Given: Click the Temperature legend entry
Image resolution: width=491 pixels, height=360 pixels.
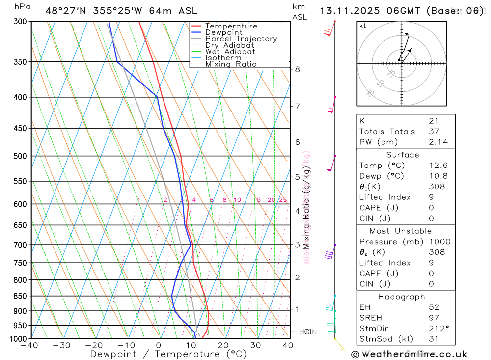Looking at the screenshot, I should [x=231, y=26].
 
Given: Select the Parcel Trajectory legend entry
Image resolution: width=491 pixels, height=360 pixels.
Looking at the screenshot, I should [x=241, y=39].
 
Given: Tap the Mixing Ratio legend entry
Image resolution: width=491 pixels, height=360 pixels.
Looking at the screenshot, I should [x=231, y=64].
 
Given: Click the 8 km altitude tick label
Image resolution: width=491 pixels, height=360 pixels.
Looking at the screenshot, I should [x=298, y=69].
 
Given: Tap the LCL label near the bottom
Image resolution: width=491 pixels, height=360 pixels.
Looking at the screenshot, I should [x=307, y=332].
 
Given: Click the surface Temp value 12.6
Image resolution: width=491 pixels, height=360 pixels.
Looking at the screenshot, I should [x=437, y=166].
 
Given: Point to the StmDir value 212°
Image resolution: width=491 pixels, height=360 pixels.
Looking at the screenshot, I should [x=437, y=329].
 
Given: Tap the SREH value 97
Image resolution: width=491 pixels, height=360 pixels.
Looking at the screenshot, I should [x=434, y=318].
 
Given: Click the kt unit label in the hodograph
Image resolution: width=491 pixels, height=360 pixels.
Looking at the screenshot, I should [x=363, y=26].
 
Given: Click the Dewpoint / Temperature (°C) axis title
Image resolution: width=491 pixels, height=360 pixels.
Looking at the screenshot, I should [x=168, y=354].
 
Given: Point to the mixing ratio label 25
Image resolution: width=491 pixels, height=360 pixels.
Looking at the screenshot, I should [x=283, y=200].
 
